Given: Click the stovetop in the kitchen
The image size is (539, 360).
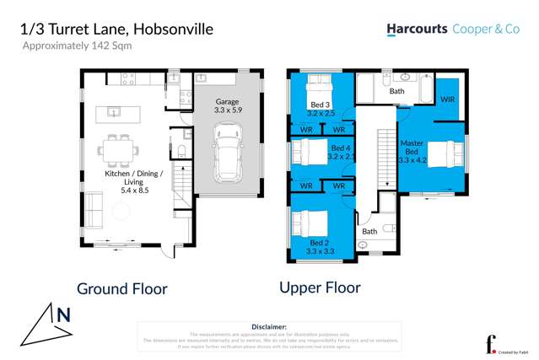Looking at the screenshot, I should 127,79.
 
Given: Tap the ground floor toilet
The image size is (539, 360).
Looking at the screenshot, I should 181,151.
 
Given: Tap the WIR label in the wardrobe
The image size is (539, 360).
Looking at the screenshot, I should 448,99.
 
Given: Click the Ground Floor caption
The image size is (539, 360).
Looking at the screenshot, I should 122,287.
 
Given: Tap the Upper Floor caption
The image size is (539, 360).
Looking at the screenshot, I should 320,287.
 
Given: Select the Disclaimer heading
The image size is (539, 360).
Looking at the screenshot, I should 269,325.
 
